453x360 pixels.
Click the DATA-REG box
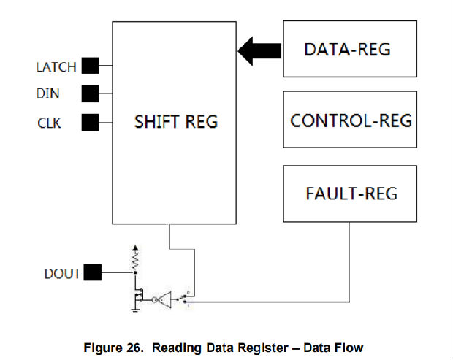(349, 49)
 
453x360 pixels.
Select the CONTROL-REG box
(349, 120)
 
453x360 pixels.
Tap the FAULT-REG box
(349, 194)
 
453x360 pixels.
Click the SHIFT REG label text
(176, 121)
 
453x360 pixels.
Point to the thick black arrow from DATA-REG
(260, 50)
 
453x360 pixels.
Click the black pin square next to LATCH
(90, 66)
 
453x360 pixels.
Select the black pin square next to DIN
(90, 93)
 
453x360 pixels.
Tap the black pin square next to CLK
(90, 122)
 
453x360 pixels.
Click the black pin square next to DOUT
(92, 273)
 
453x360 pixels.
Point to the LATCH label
(56, 67)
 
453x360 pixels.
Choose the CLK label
(49, 123)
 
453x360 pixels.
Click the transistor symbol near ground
(138, 296)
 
